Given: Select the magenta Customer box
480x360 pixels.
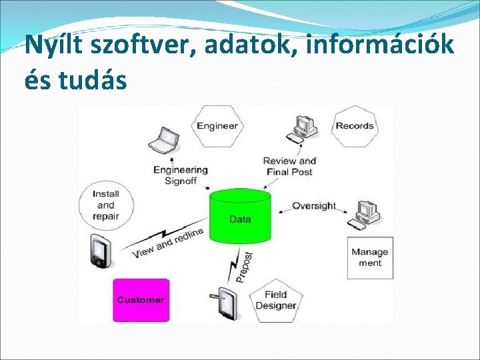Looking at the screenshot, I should pos(141,300).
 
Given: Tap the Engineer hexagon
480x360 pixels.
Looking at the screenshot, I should pos(217,125).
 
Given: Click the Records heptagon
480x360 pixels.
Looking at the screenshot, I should pos(354,125).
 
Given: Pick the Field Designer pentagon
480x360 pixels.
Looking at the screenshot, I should pos(275,301).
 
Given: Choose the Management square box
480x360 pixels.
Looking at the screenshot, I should pos(370,257).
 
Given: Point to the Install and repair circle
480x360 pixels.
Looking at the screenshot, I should pos(105,205).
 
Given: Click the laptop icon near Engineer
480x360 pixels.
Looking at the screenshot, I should pos(163,141).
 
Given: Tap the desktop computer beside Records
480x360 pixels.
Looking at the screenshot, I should pos(303,127).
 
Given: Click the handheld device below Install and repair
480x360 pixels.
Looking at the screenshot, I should pos(98,252).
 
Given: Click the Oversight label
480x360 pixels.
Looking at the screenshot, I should pos(313,205).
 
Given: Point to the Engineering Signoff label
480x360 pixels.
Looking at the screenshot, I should pos(180,175).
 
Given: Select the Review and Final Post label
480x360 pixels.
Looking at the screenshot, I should pos(289,166).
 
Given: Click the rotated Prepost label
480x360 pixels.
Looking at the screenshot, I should pos(244,266).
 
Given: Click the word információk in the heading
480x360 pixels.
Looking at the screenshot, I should pos(383,45).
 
